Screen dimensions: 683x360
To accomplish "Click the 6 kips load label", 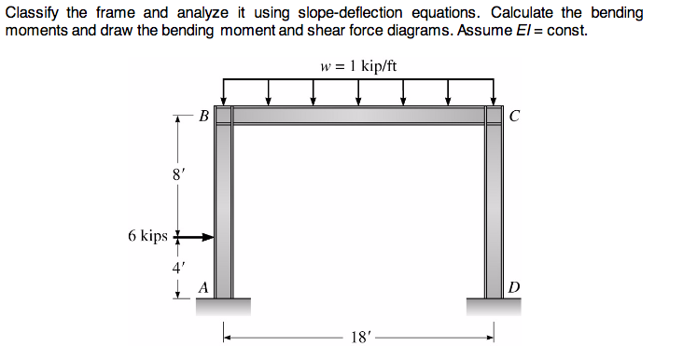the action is coord(147,236).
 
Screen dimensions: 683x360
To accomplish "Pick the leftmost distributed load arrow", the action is coord(224,91).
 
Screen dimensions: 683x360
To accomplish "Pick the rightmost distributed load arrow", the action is coord(494,91).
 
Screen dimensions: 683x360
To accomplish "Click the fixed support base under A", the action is coord(224,305).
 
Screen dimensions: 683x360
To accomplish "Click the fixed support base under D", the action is coord(494,305).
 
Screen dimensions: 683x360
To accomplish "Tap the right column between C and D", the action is coord(494,205).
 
